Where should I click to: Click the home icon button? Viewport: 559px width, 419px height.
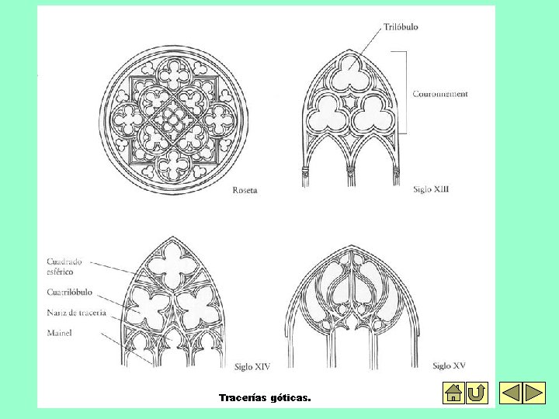453,393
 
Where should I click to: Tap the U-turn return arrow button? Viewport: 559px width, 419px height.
477,393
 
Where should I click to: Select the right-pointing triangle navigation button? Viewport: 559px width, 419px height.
534,393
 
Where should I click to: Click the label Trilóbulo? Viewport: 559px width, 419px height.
401,27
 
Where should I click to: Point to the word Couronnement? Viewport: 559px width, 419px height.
440,95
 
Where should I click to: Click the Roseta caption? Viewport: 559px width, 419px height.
245,190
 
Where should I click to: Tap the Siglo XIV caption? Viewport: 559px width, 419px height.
252,365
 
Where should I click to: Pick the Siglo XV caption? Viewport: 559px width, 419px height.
450,365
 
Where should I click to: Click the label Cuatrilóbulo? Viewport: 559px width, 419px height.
70,293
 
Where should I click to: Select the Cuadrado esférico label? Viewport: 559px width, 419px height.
64,267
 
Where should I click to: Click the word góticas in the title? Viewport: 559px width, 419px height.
290,397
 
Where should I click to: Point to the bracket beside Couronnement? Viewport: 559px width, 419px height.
405,94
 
